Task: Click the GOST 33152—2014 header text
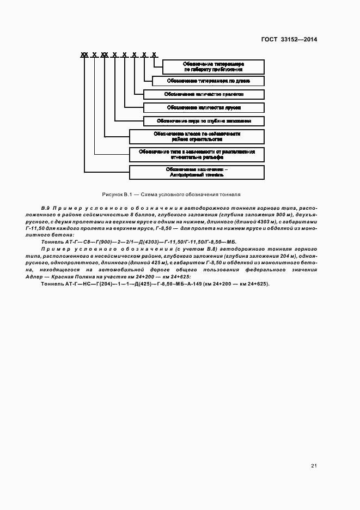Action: (x=289, y=39)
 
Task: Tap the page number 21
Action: (x=314, y=466)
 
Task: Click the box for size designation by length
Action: (x=209, y=81)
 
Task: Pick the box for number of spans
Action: (x=204, y=94)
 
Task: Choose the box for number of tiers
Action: (x=204, y=107)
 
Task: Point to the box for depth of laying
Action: (x=204, y=121)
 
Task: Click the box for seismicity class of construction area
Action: (x=197, y=136)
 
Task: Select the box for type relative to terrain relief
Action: (x=197, y=154)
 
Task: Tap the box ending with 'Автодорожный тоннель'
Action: (x=197, y=172)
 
